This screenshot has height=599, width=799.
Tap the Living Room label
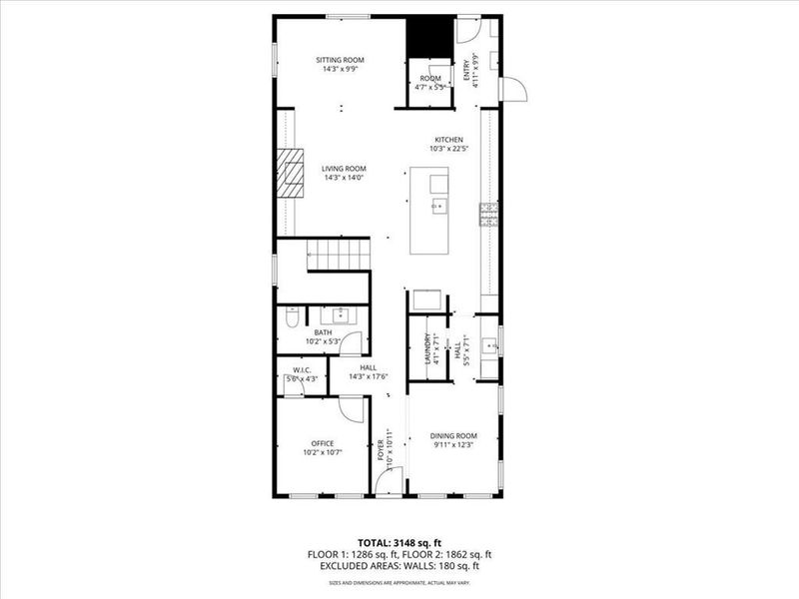pos(344,169)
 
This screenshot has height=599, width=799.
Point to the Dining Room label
pos(453,435)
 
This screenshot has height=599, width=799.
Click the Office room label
pos(322,443)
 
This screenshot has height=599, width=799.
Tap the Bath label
pos(324,332)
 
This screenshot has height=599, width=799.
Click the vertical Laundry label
pos(427,349)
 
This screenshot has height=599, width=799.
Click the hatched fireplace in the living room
pos(289,176)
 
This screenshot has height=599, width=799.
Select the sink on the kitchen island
pos(437,207)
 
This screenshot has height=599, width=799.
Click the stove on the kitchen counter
pos(489,214)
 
